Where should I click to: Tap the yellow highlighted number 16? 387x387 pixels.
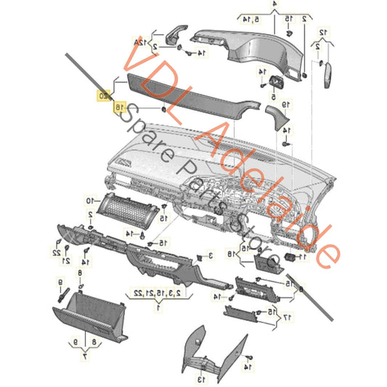(118, 107)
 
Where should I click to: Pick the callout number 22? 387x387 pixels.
(56, 252)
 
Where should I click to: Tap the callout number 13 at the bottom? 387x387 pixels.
(200, 379)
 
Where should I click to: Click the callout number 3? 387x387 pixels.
(209, 256)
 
